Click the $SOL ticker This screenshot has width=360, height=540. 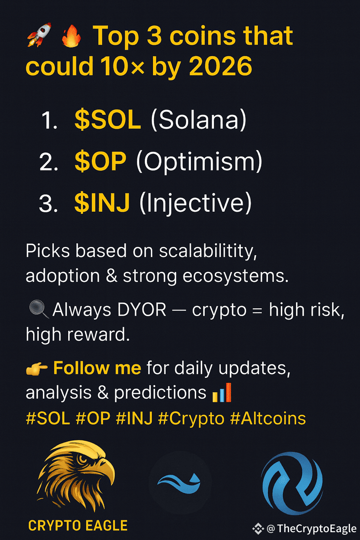tap(107, 120)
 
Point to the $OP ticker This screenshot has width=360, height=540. tap(100, 162)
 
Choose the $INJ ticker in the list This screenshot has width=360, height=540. tap(102, 203)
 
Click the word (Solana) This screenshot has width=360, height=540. tap(198, 120)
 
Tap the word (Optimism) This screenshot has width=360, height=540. tap(199, 162)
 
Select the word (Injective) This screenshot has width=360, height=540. tap(195, 203)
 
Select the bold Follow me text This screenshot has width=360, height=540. tap(97, 369)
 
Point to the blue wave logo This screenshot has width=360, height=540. tap(180, 482)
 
